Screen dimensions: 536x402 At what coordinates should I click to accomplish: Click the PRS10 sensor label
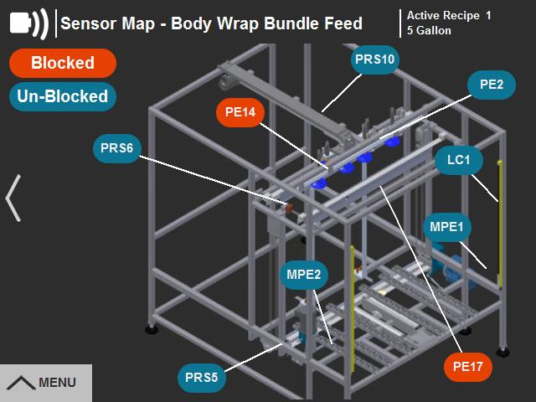[x=374, y=59]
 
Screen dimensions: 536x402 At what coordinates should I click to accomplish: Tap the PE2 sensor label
[x=491, y=85]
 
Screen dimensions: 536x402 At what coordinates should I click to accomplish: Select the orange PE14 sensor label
[x=240, y=111]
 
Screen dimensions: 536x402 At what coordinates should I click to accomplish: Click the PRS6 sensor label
[x=117, y=148]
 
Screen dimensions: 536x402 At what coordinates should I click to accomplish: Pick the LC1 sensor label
[x=459, y=160]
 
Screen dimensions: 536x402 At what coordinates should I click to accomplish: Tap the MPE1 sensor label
[x=451, y=226]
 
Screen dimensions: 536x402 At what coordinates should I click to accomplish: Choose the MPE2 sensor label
[x=303, y=274]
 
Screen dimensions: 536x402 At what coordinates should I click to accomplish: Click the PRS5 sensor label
[x=202, y=377]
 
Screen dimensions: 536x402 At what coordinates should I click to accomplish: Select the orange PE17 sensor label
[x=467, y=366]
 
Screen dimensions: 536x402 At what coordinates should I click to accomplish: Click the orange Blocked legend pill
[x=62, y=63]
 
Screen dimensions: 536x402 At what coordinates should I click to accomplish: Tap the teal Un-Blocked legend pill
[x=62, y=96]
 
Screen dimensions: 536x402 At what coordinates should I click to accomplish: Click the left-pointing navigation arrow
[x=13, y=198]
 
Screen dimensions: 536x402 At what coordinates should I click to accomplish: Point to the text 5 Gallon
[x=429, y=31]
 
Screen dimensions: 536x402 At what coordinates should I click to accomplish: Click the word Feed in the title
[x=343, y=23]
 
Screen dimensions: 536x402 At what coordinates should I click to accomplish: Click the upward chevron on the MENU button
[x=21, y=383]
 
